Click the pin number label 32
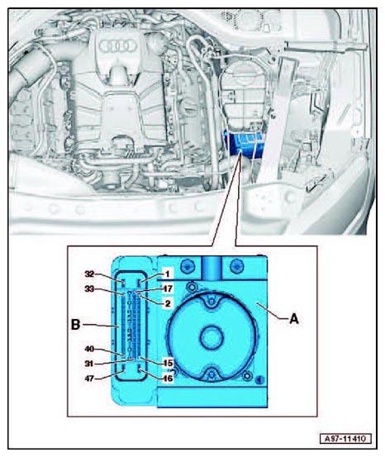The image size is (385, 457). click(89, 274)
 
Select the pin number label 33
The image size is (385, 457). click(89, 289)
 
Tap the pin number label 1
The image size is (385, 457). click(167, 274)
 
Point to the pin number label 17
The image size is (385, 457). click(168, 288)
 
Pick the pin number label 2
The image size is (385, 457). click(168, 303)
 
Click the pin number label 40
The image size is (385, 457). click(89, 349)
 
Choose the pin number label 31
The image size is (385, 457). click(89, 364)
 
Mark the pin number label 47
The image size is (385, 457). click(89, 378)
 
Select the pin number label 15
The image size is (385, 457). click(168, 363)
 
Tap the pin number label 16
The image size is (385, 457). click(168, 378)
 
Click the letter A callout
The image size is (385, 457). click(294, 320)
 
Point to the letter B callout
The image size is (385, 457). click(75, 325)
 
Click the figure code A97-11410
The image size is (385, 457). click(346, 439)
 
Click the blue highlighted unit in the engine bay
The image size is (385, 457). click(244, 142)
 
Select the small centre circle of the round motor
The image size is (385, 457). click(212, 337)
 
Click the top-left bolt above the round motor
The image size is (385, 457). click(188, 265)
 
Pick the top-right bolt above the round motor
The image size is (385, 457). click(235, 265)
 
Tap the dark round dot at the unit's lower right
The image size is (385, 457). click(259, 380)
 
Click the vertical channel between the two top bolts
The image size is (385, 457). click(212, 268)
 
